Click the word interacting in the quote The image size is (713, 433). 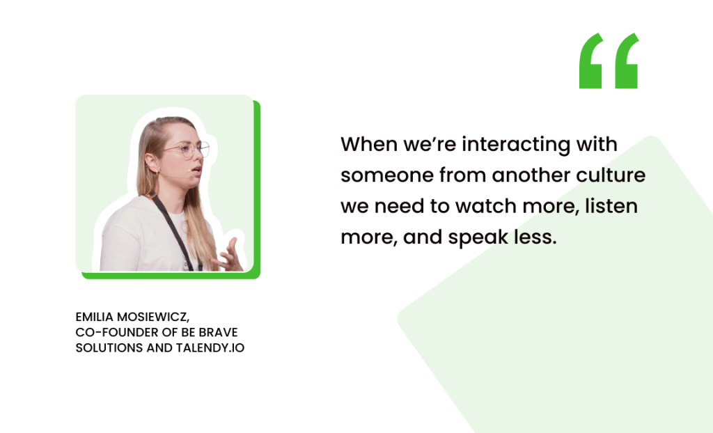(x=516, y=145)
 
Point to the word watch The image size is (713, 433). (x=487, y=206)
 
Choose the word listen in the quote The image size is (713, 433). (x=611, y=206)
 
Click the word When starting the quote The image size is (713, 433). (x=369, y=144)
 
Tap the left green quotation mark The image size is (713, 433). (x=591, y=61)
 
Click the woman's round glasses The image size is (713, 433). (x=187, y=149)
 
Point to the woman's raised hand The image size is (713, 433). (x=230, y=255)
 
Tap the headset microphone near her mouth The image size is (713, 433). (x=188, y=171)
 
